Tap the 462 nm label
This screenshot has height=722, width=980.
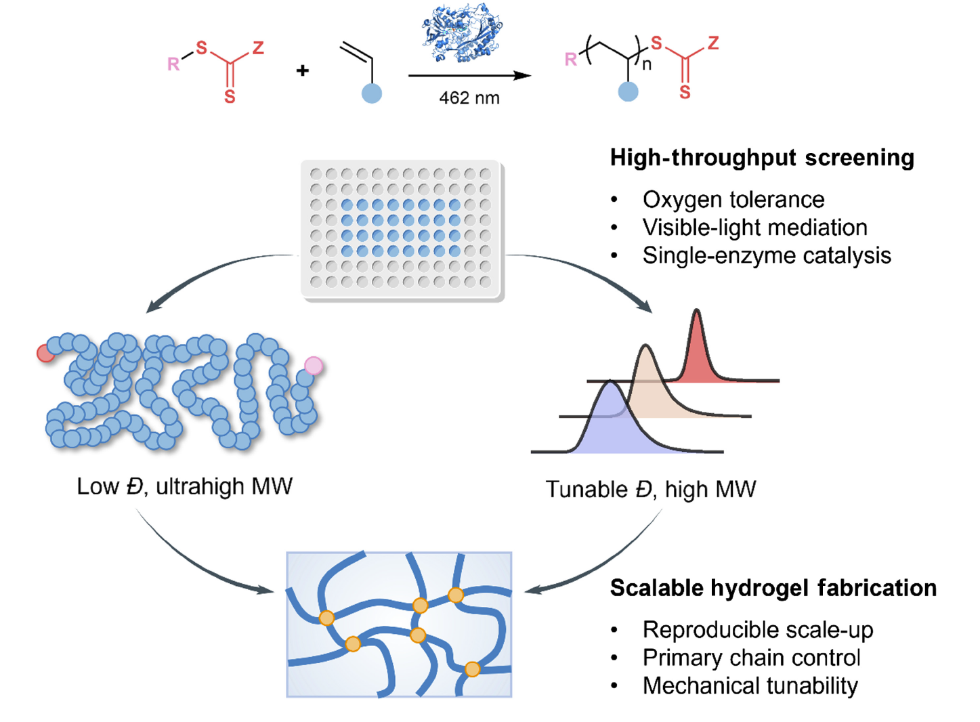(469, 98)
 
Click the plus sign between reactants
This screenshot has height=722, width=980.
(303, 70)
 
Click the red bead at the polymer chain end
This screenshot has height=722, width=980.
(45, 353)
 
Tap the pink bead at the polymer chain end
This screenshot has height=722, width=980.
(314, 366)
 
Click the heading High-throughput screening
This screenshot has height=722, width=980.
(762, 158)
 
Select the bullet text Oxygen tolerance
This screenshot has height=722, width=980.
(733, 200)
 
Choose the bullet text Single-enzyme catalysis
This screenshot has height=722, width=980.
(766, 255)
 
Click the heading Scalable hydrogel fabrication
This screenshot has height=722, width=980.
(773, 588)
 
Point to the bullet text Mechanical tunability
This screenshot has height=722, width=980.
(750, 685)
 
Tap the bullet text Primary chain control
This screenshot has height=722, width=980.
(751, 658)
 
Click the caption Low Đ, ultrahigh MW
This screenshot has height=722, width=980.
(184, 486)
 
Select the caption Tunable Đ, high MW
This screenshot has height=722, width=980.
(650, 489)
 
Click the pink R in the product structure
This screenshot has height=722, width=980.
(571, 60)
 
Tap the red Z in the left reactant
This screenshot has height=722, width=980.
(258, 48)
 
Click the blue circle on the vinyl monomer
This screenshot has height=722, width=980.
(371, 93)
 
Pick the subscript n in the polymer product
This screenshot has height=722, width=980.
(647, 66)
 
